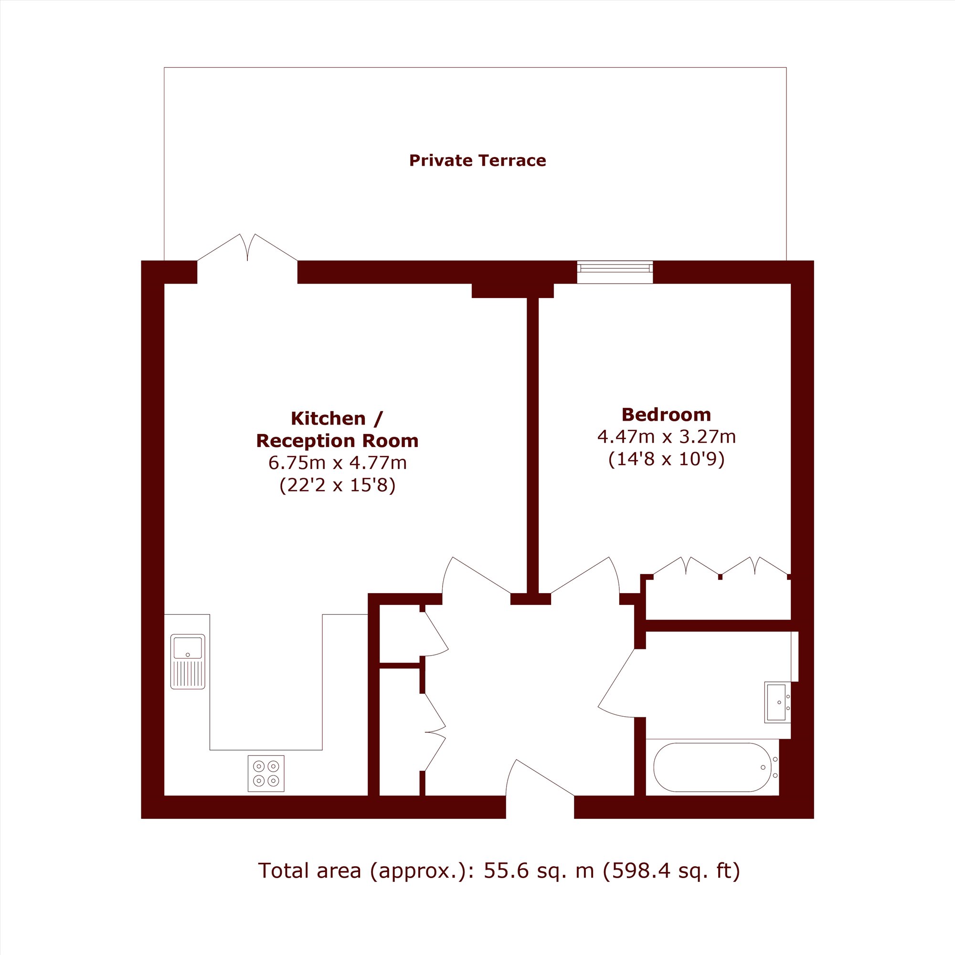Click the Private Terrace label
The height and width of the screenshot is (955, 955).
point(477,160)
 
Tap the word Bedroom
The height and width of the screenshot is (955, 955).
point(666,414)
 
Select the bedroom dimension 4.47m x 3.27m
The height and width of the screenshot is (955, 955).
point(666,437)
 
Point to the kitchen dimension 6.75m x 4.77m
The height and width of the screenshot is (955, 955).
point(338,463)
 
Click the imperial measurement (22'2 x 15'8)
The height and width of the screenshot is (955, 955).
point(338,486)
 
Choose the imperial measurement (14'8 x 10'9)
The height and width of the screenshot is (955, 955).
point(666,459)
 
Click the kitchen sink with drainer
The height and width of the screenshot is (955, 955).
point(188,661)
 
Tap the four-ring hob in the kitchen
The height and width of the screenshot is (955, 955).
point(266,774)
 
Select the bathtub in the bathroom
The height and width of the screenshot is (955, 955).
point(712,767)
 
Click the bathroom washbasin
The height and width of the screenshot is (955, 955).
point(777,702)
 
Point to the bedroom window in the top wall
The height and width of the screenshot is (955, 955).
point(615,272)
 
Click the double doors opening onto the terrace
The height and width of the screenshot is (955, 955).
point(247,248)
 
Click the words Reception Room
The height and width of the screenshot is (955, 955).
point(338,440)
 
